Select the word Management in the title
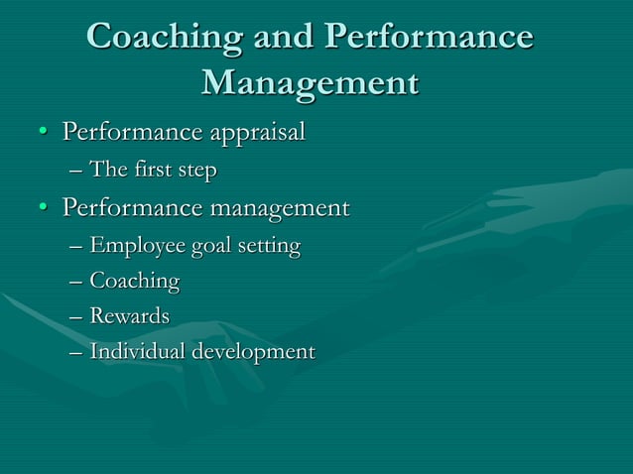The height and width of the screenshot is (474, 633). pyautogui.click(x=309, y=83)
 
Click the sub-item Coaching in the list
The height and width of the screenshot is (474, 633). pyautogui.click(x=135, y=283)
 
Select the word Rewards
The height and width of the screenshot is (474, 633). pyautogui.click(x=129, y=316)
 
